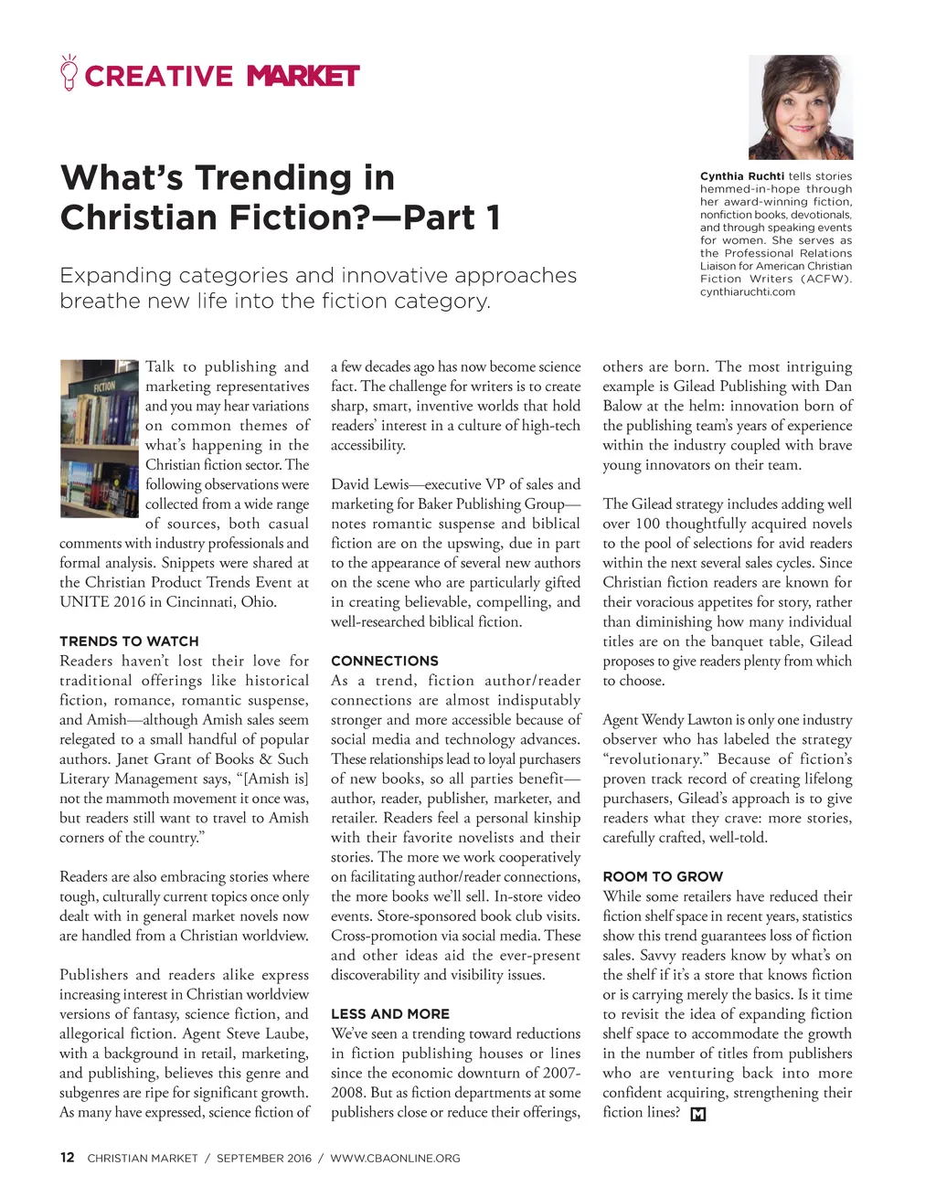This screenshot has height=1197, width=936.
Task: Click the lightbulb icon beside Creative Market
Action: pos(69,73)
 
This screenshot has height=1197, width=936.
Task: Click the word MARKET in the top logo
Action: pos(303,76)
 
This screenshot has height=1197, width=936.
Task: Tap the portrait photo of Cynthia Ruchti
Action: pos(800,108)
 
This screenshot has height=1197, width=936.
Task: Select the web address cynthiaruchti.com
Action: pos(748,292)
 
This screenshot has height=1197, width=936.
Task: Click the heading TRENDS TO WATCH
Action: pos(129,641)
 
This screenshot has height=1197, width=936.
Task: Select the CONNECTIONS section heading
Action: pos(384,661)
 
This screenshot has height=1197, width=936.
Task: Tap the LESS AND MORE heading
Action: pos(390,1014)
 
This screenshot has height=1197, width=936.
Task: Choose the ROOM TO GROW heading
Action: pos(663,876)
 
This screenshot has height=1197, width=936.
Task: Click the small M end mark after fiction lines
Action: pos(698,1114)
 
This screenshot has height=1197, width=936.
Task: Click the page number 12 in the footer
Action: pos(67,1158)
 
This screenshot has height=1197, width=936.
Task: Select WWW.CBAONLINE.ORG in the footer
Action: pos(395,1159)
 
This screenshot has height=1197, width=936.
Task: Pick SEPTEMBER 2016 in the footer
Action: pos(264,1159)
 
